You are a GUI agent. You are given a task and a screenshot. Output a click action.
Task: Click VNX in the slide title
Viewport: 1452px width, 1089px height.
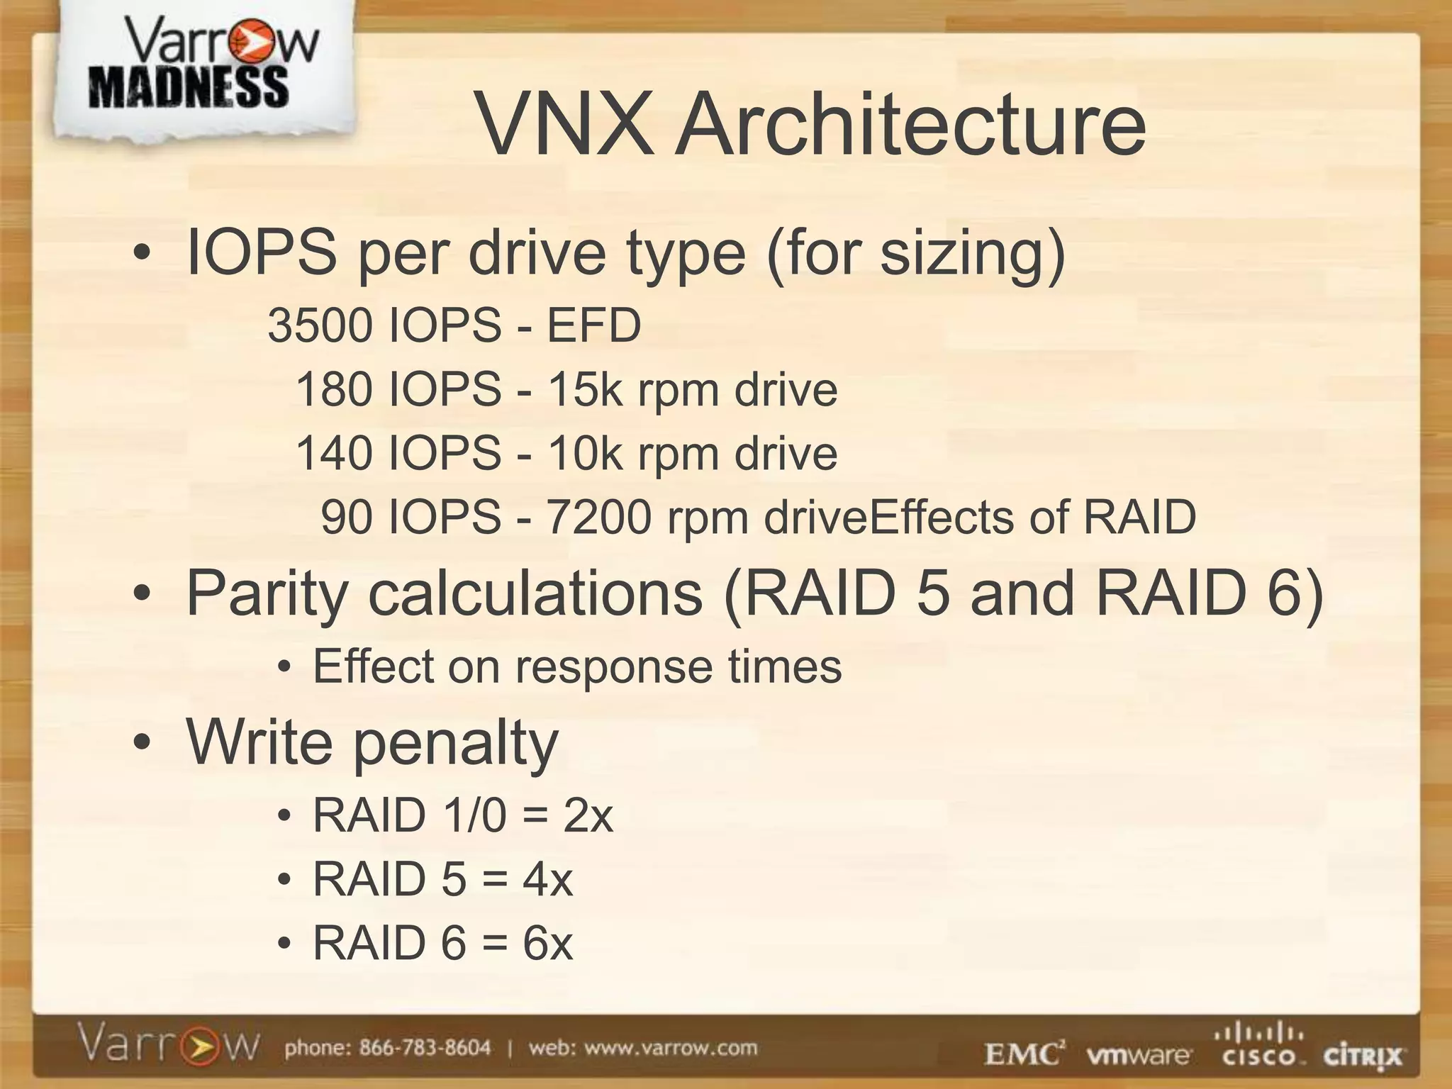564,125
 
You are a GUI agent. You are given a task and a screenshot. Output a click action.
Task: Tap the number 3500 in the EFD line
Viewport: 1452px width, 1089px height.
320,326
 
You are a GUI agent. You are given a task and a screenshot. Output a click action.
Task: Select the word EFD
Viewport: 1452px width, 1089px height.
593,326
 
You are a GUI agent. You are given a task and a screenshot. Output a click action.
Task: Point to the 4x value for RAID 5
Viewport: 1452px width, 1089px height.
547,879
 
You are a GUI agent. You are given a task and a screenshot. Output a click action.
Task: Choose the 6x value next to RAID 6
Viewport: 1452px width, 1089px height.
547,943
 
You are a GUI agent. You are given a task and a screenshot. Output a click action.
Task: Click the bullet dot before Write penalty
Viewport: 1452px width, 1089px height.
142,743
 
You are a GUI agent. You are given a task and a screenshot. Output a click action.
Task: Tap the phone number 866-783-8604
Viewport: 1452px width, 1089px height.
425,1048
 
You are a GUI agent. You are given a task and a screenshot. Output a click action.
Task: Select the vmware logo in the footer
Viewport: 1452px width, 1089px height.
1138,1056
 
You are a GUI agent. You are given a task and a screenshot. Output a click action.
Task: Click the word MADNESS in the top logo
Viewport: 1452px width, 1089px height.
189,88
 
